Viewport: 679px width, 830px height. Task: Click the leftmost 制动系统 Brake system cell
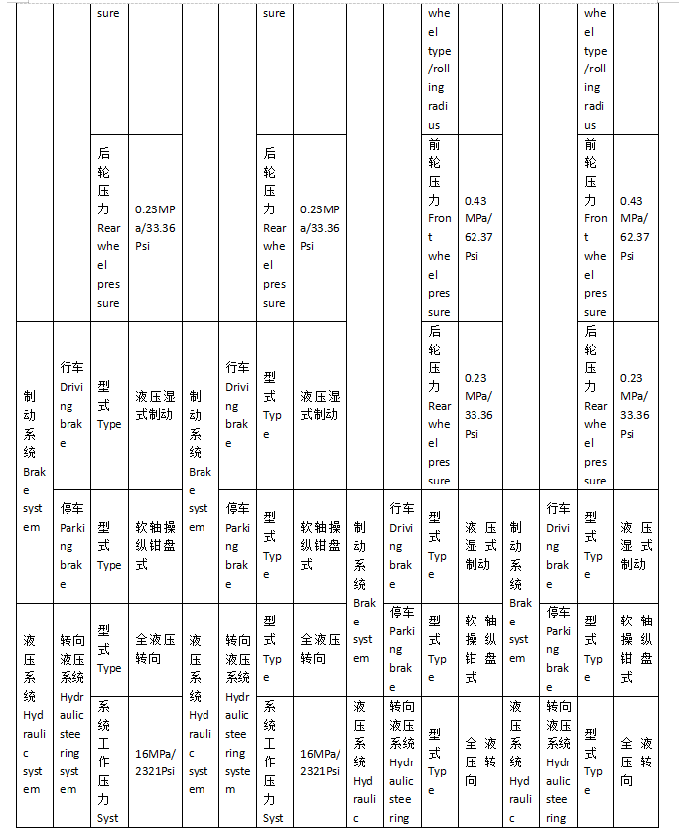(34, 461)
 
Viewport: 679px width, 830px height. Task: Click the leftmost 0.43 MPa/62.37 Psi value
(477, 227)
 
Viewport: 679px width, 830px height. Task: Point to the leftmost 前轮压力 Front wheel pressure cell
(439, 227)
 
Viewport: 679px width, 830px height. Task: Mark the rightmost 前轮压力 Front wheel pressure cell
(595, 227)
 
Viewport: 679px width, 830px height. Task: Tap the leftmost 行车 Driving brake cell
(71, 404)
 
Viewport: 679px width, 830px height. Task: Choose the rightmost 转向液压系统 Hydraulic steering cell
(558, 761)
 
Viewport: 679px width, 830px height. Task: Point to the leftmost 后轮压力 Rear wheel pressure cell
(108, 227)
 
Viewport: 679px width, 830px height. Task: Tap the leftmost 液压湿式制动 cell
(154, 404)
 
